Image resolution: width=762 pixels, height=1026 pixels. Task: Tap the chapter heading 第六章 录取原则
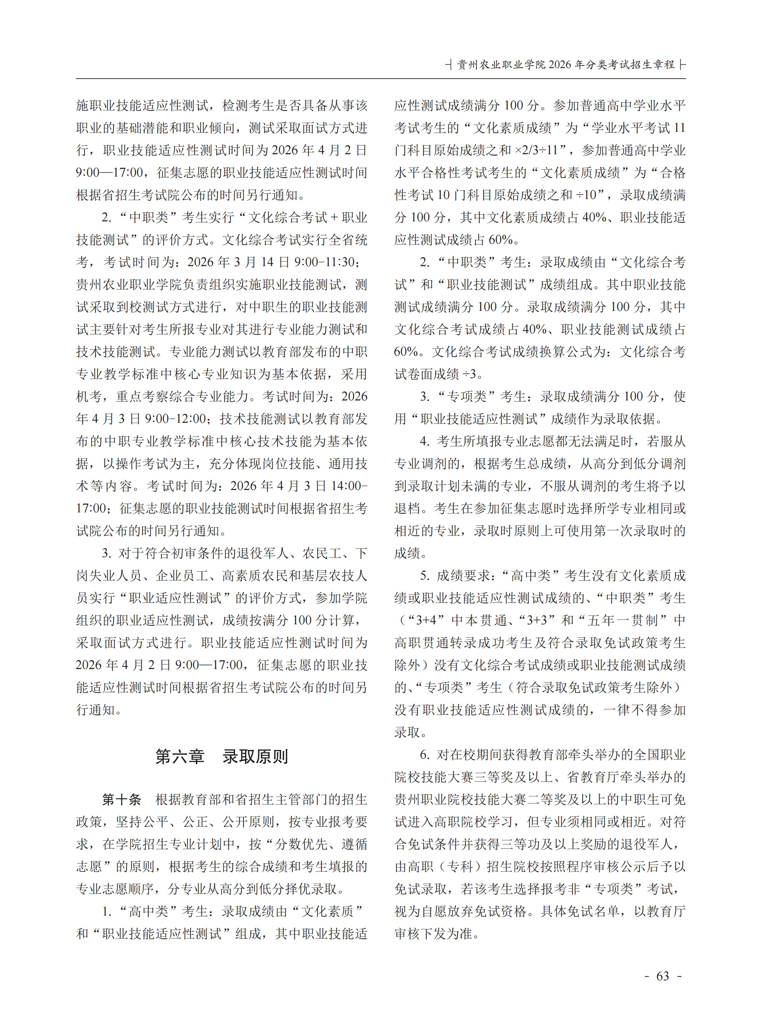tap(222, 756)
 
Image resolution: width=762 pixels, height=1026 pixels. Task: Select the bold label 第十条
tap(122, 800)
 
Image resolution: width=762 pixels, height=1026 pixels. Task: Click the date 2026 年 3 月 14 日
tap(238, 262)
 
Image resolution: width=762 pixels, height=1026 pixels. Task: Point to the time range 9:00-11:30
tap(325, 262)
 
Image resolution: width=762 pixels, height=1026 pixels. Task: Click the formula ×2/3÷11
tap(542, 150)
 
